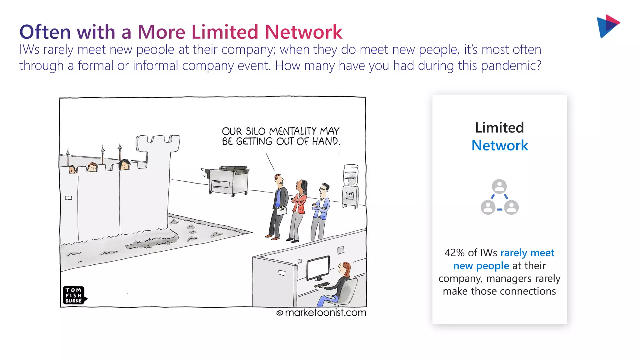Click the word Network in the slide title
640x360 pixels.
(303, 32)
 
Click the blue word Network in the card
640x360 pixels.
(499, 146)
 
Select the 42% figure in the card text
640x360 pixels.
(454, 252)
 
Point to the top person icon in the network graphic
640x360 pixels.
(499, 187)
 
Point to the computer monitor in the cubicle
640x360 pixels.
(318, 268)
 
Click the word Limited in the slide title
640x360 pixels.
(225, 32)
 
